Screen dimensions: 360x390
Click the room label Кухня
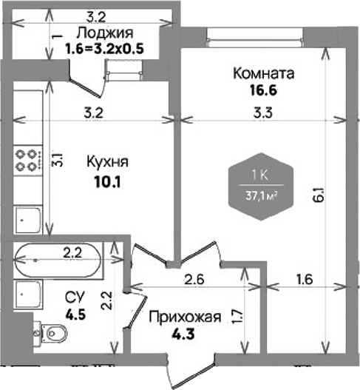(108, 162)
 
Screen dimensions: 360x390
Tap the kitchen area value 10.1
(107, 182)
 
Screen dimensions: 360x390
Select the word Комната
(263, 73)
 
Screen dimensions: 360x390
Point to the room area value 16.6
(263, 90)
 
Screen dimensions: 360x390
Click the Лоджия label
(104, 33)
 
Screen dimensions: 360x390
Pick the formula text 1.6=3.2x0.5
(104, 49)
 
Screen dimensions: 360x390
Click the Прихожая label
(185, 317)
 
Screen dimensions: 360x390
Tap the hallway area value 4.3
(183, 334)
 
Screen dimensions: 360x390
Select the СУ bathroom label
(75, 297)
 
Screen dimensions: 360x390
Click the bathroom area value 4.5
(75, 315)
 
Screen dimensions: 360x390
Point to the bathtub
(58, 260)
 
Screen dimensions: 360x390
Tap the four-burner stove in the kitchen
(27, 160)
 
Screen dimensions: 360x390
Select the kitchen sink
(27, 220)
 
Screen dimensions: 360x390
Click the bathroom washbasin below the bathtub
(27, 295)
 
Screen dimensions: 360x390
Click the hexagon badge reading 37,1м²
(261, 186)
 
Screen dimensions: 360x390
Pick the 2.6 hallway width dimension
(194, 279)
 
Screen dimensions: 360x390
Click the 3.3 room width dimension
(263, 112)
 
